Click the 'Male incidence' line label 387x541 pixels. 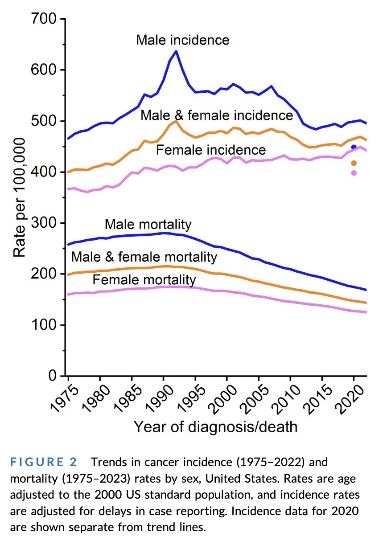182,40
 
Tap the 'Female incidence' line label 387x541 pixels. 210,150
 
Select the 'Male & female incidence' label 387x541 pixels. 217,115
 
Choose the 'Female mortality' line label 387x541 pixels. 144,280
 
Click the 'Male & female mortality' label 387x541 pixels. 144,257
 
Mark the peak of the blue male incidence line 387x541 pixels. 176,51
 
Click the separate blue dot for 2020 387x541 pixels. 354,147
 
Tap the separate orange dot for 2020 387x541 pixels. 354,163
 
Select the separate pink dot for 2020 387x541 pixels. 354,173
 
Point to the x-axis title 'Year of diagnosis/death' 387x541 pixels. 215,426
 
